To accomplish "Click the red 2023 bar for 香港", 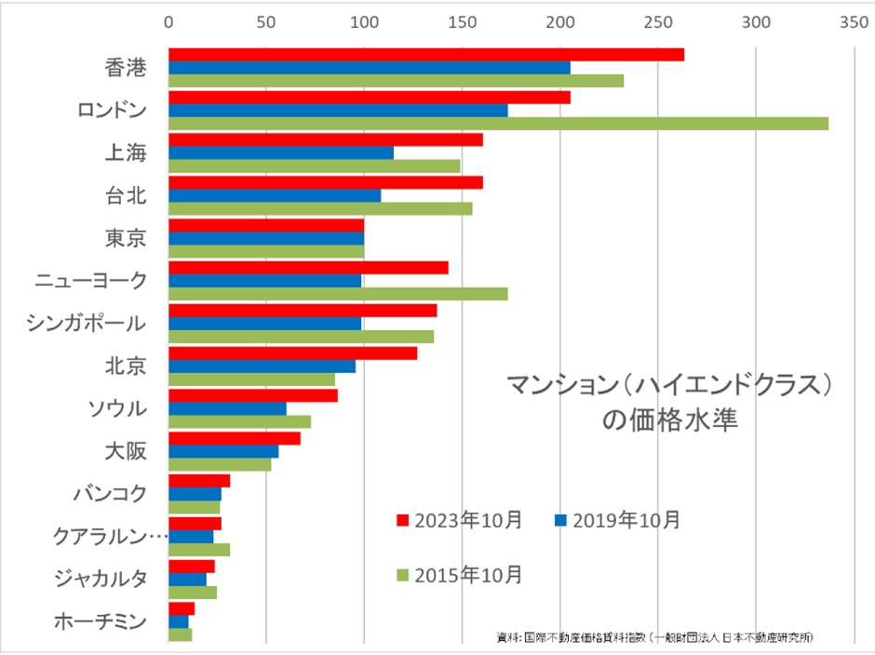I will (x=425, y=54).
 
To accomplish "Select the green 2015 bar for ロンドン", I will (x=498, y=124).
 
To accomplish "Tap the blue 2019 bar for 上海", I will (x=280, y=153).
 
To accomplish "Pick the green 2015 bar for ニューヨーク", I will (x=337, y=294).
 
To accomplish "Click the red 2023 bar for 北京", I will (x=292, y=353).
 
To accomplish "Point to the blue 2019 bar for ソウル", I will (x=227, y=408).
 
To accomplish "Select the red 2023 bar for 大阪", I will (x=234, y=438).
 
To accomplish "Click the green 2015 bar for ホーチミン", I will (x=180, y=635).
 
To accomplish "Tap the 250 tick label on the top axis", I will (x=658, y=20).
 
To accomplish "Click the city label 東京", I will (x=126, y=238).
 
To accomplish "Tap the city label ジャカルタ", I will (x=100, y=578).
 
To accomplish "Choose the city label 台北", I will (x=126, y=195).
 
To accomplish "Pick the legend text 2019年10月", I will (x=626, y=519).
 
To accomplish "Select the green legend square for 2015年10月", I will (x=402, y=575).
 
